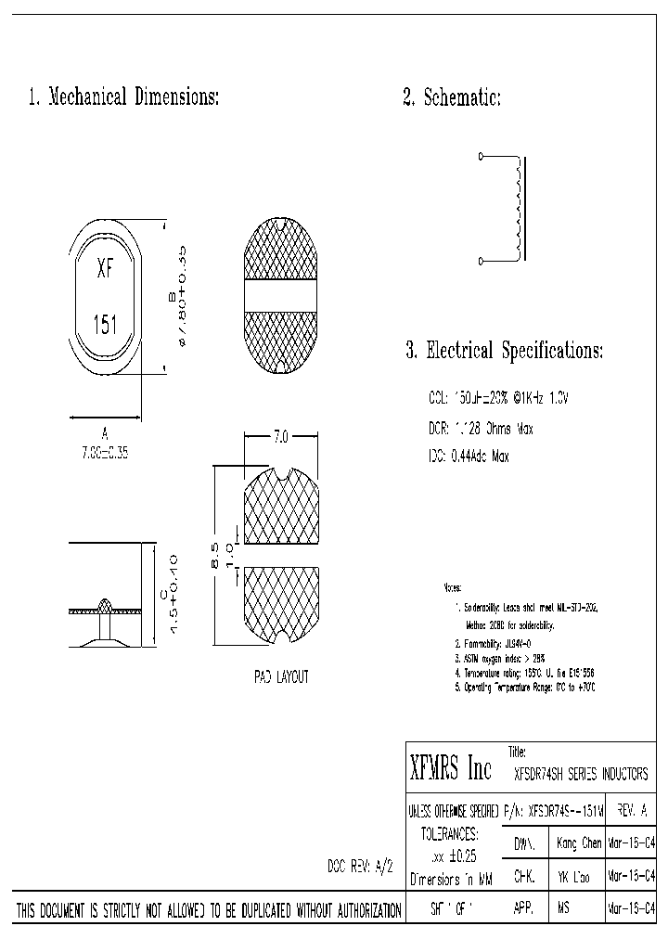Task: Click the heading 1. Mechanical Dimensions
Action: coord(124,97)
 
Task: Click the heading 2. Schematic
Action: coord(452,97)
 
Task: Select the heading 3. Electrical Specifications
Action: coord(505,351)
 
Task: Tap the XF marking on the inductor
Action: coord(106,271)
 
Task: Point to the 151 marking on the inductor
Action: coord(106,325)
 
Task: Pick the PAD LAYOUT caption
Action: coord(281,677)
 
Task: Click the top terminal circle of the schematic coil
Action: coord(481,156)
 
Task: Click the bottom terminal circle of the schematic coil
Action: coord(481,262)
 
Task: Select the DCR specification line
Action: coord(481,430)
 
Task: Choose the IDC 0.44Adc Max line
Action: coord(469,457)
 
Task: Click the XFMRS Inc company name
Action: coord(451,768)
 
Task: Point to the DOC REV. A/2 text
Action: coord(361,866)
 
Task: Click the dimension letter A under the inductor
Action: coord(105,432)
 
